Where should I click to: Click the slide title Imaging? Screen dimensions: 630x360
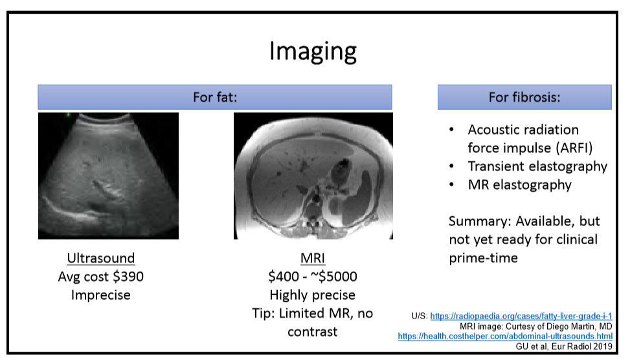(313, 51)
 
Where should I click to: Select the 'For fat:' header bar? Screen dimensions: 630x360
(215, 97)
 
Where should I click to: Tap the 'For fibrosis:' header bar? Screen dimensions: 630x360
(524, 97)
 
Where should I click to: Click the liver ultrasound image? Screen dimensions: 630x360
(109, 175)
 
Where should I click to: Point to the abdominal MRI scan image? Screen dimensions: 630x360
(313, 175)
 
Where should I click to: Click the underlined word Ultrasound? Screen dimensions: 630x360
(101, 258)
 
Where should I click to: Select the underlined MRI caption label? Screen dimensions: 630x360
(313, 258)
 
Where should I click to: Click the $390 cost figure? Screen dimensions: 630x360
(128, 276)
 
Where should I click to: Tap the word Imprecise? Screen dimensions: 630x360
(101, 295)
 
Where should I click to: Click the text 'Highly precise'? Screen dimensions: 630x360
(313, 295)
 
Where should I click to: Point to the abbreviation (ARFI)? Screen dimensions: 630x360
(574, 148)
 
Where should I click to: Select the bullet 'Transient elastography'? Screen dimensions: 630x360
(537, 166)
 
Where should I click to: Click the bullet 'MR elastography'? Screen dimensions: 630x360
(519, 185)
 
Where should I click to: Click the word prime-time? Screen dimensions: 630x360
(484, 258)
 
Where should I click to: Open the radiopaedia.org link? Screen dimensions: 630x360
(521, 316)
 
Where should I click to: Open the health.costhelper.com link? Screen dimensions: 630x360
(506, 336)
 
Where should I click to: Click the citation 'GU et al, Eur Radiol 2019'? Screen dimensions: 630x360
(564, 346)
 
